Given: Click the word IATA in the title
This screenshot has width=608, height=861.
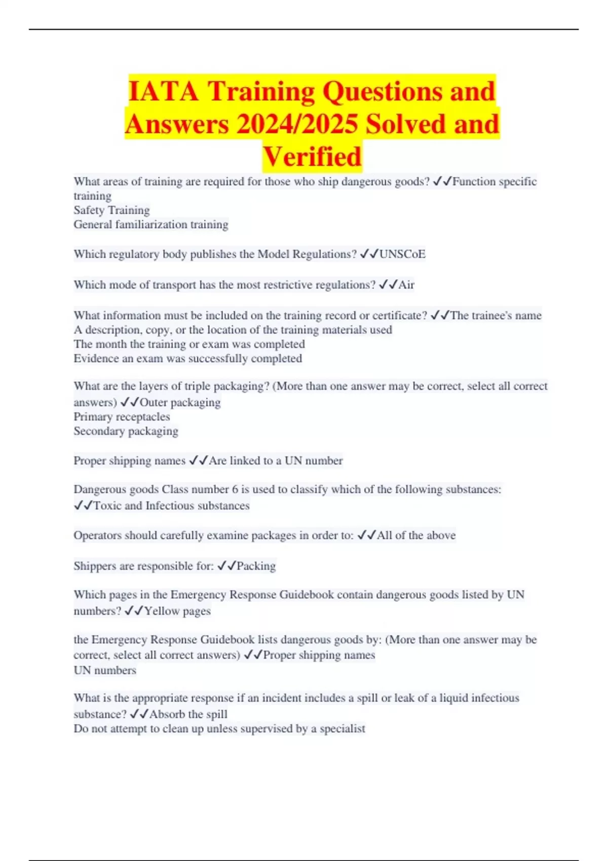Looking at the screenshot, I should click(x=163, y=92).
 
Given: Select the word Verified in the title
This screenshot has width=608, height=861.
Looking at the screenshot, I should click(x=312, y=156).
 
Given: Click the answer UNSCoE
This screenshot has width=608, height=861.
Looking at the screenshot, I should click(x=402, y=254).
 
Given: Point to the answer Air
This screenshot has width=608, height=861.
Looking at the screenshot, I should click(x=406, y=285).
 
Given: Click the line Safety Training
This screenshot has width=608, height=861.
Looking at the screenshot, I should click(x=111, y=210).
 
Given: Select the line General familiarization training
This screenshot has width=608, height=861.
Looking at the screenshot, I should click(x=151, y=224).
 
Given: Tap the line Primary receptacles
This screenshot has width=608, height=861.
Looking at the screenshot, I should click(x=122, y=417).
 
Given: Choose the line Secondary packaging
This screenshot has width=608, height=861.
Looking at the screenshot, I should click(x=126, y=431).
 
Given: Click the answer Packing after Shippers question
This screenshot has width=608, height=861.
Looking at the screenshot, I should click(x=256, y=566).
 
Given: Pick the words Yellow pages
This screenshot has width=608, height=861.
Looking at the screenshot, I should click(x=177, y=611).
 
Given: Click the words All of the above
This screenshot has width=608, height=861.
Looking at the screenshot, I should click(x=416, y=535).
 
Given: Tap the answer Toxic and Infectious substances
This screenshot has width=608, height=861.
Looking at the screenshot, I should click(x=171, y=505).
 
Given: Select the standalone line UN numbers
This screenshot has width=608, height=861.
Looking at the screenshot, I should click(x=105, y=670).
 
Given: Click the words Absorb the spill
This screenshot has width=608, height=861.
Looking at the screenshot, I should click(x=188, y=714).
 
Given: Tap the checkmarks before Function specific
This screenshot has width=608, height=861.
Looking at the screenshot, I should click(x=442, y=182).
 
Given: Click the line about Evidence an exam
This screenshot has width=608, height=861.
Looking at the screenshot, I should click(x=187, y=359).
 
